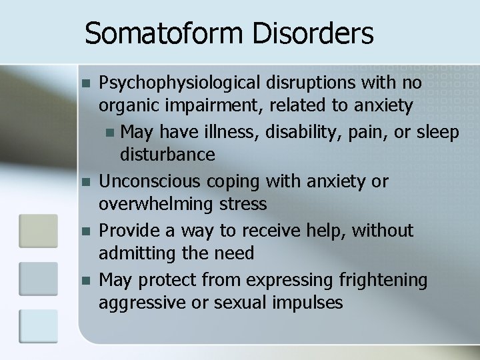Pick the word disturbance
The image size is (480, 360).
pyautogui.click(x=167, y=155)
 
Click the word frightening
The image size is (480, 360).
pyautogui.click(x=383, y=280)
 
